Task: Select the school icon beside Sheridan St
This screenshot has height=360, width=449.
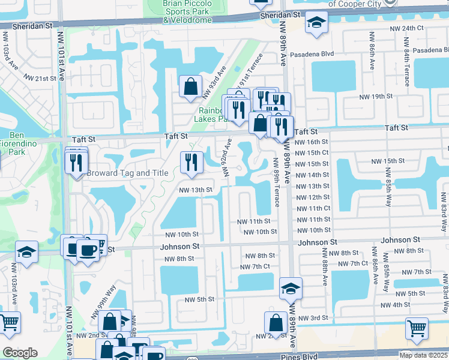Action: [x=316, y=24]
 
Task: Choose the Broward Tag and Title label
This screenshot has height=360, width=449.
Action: [x=127, y=173]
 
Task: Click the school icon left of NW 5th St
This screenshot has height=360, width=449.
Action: [x=291, y=290]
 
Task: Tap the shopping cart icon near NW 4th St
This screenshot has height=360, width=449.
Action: [x=417, y=328]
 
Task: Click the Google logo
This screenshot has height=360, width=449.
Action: [x=20, y=353]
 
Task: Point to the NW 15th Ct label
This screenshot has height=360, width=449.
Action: [x=312, y=152]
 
